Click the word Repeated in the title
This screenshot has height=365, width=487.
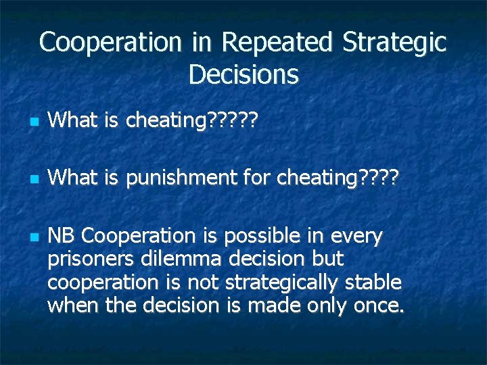coord(277,43)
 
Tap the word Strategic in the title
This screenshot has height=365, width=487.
coord(394,43)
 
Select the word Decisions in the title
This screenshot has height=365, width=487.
coord(243,74)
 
